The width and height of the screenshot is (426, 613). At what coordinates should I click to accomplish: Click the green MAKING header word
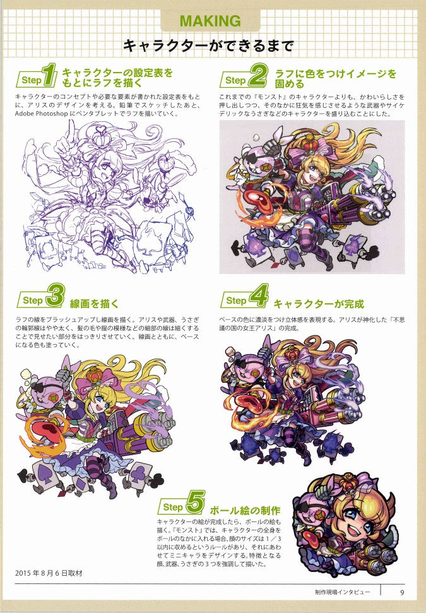click(210, 21)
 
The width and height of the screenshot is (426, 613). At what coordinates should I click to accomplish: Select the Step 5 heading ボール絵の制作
click(244, 510)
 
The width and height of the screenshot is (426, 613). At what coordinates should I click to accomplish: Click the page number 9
click(402, 592)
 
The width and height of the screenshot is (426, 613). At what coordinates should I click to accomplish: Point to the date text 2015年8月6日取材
click(49, 573)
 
